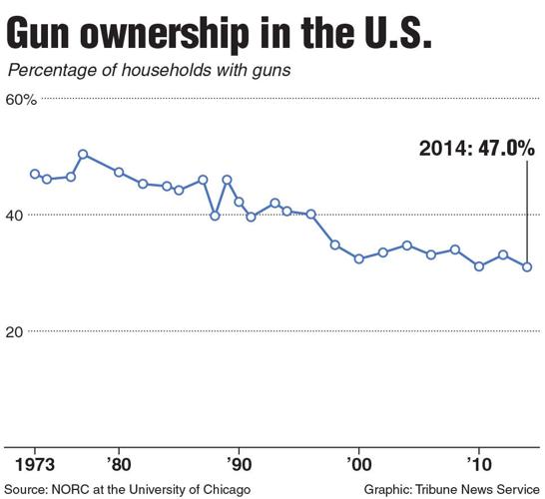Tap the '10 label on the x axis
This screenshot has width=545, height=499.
[x=478, y=465]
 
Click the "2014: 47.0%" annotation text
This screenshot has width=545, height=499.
[x=477, y=149]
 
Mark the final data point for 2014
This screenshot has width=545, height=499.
[x=527, y=266]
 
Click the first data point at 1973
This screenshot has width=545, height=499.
[x=35, y=174]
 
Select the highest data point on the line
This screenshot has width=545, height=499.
[x=83, y=155]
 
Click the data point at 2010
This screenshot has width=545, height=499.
[x=479, y=266]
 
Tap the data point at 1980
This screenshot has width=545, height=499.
[x=119, y=173]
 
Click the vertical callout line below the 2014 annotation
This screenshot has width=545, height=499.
[x=527, y=210]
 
